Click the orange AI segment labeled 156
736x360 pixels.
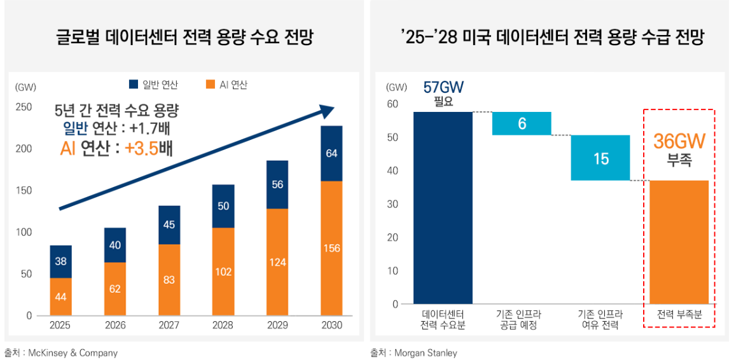coord(331,248)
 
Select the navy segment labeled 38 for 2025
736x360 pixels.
coord(60,261)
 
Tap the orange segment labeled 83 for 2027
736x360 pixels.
coord(169,280)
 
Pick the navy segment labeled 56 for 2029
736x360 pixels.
coord(277,184)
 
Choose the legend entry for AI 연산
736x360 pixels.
coord(227,85)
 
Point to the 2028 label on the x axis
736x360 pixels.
coord(223,325)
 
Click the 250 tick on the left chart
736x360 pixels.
coord(24,107)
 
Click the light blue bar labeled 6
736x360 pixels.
coord(522,123)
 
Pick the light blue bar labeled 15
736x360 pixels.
coord(601,158)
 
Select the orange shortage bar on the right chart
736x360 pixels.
coord(679,242)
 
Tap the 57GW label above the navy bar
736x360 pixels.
coord(443,88)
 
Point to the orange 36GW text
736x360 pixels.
coord(679,141)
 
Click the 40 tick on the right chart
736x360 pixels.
coord(392,170)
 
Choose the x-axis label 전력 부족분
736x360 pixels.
coord(679,315)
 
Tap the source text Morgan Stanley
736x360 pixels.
coord(426,352)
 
